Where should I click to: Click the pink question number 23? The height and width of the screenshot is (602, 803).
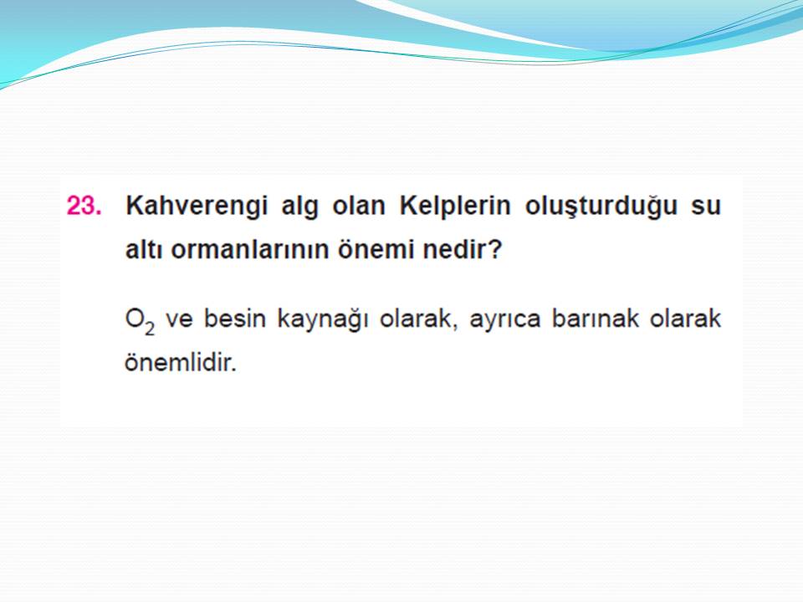tap(84, 206)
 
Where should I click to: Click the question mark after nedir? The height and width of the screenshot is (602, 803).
tap(493, 250)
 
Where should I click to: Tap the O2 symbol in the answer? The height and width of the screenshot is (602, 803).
tap(140, 321)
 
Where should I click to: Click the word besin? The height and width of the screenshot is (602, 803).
tap(234, 319)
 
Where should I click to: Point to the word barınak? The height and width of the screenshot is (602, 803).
tap(595, 319)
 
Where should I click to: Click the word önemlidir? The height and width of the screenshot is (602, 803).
tap(181, 362)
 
